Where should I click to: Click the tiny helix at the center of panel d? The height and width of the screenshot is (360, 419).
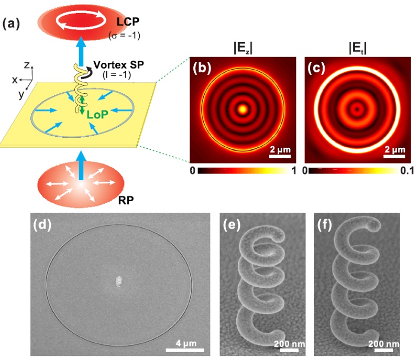tap(118, 281)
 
